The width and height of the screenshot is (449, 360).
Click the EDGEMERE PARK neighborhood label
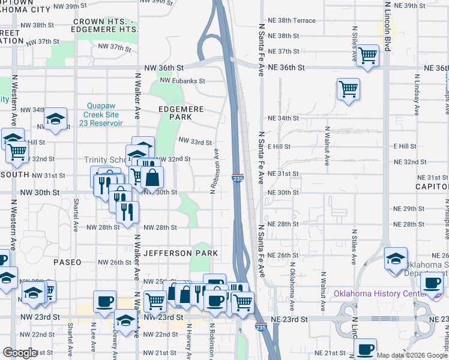coord(181,113)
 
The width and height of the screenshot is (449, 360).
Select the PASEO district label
coord(66,262)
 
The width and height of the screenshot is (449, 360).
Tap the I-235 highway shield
coord(238,178)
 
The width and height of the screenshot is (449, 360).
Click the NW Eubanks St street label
coord(182,80)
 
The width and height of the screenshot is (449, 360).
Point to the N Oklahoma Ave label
coord(292,280)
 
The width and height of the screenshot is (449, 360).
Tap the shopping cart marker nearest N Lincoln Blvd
coord(367,56)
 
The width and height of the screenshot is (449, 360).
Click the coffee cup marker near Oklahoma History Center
coord(432,283)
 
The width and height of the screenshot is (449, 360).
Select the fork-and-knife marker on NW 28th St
coord(127,212)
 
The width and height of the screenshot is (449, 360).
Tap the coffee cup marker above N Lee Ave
coord(105,301)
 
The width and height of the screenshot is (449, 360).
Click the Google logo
coord(20,353)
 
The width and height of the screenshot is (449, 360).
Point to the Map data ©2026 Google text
coord(412,355)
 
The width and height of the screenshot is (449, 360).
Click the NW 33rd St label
coord(196,142)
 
